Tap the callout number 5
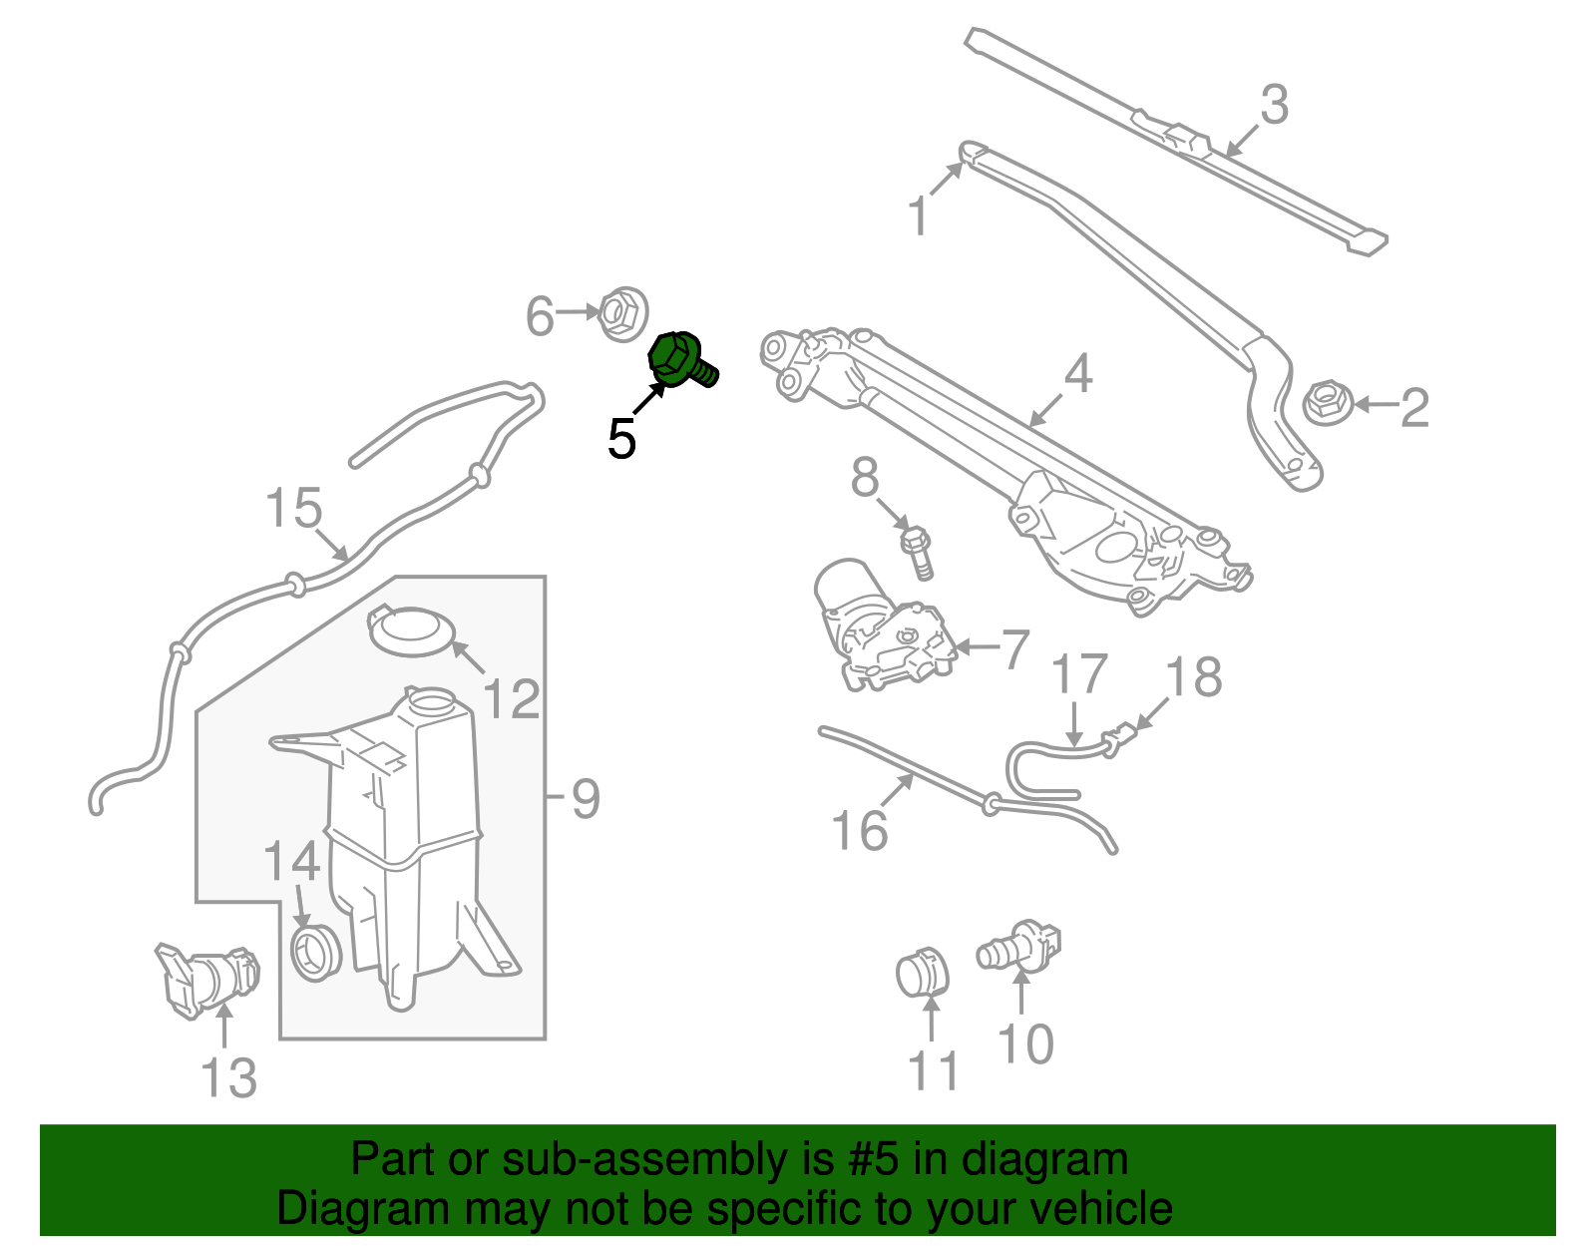pos(621,439)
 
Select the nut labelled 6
pos(622,313)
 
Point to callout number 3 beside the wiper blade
pos(1274,105)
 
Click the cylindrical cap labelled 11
pos(921,973)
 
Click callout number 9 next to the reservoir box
pos(585,798)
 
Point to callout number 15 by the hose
pos(294,508)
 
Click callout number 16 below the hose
pos(860,831)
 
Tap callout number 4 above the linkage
pos(1077,375)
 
